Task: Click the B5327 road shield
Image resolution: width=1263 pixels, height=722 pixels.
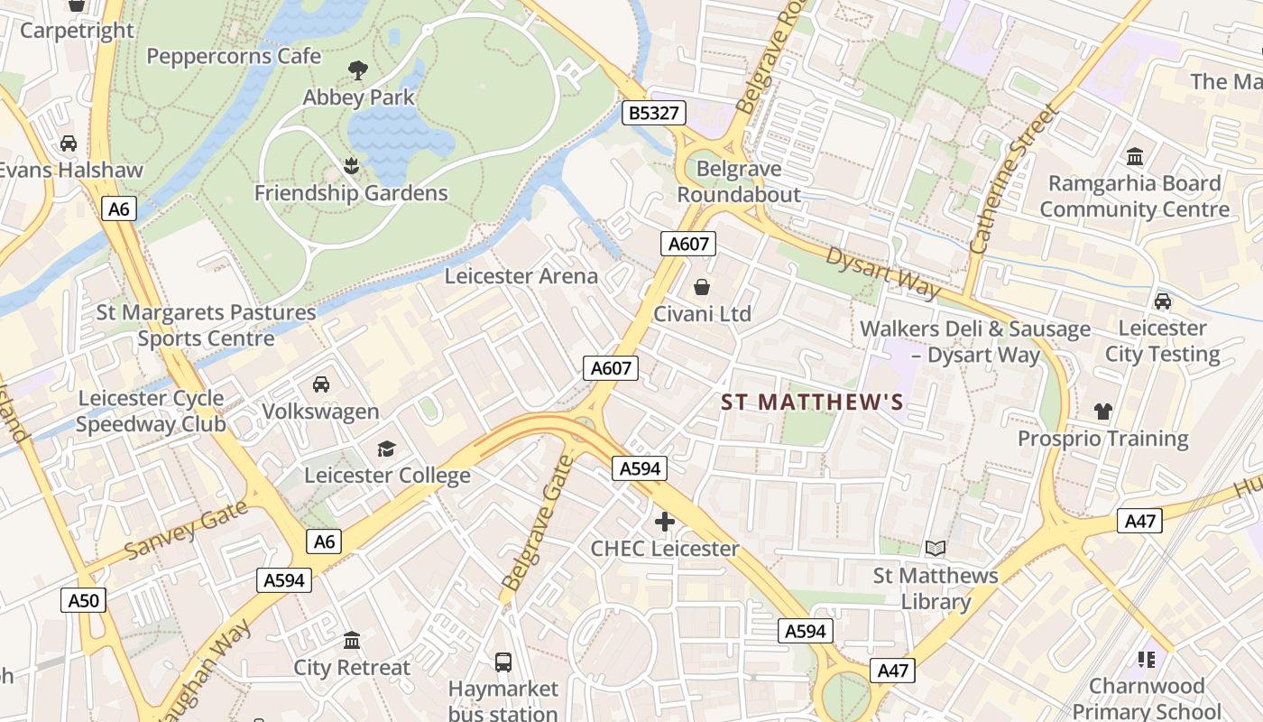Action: tap(654, 113)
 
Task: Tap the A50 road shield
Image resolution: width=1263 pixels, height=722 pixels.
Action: tap(84, 600)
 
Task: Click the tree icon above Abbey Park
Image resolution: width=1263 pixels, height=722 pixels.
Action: tap(358, 70)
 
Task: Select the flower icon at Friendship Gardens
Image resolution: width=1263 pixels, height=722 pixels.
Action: tap(351, 165)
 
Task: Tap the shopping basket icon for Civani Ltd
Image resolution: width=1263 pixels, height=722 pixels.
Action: tap(702, 288)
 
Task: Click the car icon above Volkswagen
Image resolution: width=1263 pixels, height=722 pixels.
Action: tap(321, 384)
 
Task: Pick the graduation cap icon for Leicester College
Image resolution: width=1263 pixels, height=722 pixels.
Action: tap(387, 449)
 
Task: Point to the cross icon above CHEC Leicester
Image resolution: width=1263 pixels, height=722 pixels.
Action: tap(665, 521)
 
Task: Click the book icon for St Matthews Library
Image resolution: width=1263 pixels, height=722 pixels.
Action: tap(936, 548)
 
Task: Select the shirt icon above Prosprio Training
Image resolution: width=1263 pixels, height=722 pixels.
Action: tap(1102, 412)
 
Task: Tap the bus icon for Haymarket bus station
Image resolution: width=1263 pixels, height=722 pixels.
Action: tap(503, 662)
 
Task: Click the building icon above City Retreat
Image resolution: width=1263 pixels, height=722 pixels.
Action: tap(352, 641)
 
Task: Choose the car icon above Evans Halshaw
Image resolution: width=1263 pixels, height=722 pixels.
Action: tap(69, 143)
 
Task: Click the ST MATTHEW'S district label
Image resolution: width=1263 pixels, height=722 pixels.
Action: tap(812, 403)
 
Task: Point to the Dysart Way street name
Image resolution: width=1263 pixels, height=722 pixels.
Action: tap(883, 273)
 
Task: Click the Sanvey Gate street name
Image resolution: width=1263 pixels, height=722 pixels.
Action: tap(186, 530)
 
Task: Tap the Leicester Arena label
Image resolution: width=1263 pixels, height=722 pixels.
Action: tap(521, 276)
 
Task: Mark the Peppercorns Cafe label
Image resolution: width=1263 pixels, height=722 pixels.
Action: tap(234, 57)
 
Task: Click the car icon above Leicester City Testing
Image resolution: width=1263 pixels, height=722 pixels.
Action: tap(1163, 301)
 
